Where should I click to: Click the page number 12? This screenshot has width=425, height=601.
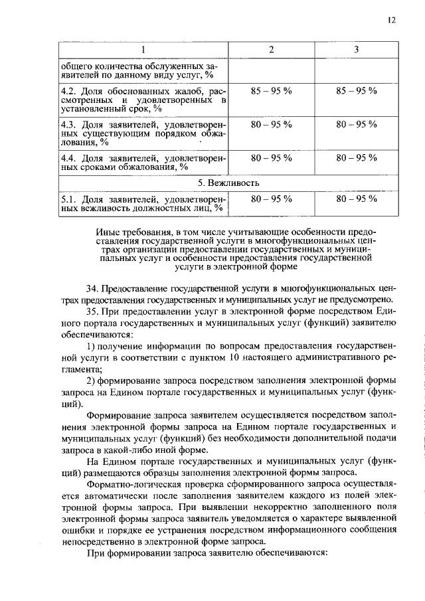tap(392, 21)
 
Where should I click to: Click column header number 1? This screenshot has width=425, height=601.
tap(142, 50)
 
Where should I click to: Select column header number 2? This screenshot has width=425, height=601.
tap(271, 50)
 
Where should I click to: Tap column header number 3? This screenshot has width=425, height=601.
tap(356, 50)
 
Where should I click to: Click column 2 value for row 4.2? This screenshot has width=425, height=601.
tap(271, 90)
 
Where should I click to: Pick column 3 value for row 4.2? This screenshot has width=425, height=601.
tap(356, 90)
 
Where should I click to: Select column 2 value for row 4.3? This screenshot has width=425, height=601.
tap(271, 124)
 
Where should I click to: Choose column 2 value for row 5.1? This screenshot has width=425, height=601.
tap(271, 198)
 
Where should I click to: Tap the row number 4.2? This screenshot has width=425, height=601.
tap(68, 90)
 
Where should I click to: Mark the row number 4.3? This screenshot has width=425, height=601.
tap(68, 124)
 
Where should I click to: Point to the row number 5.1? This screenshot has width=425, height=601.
tap(68, 198)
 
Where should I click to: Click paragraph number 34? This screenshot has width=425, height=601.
tap(93, 290)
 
